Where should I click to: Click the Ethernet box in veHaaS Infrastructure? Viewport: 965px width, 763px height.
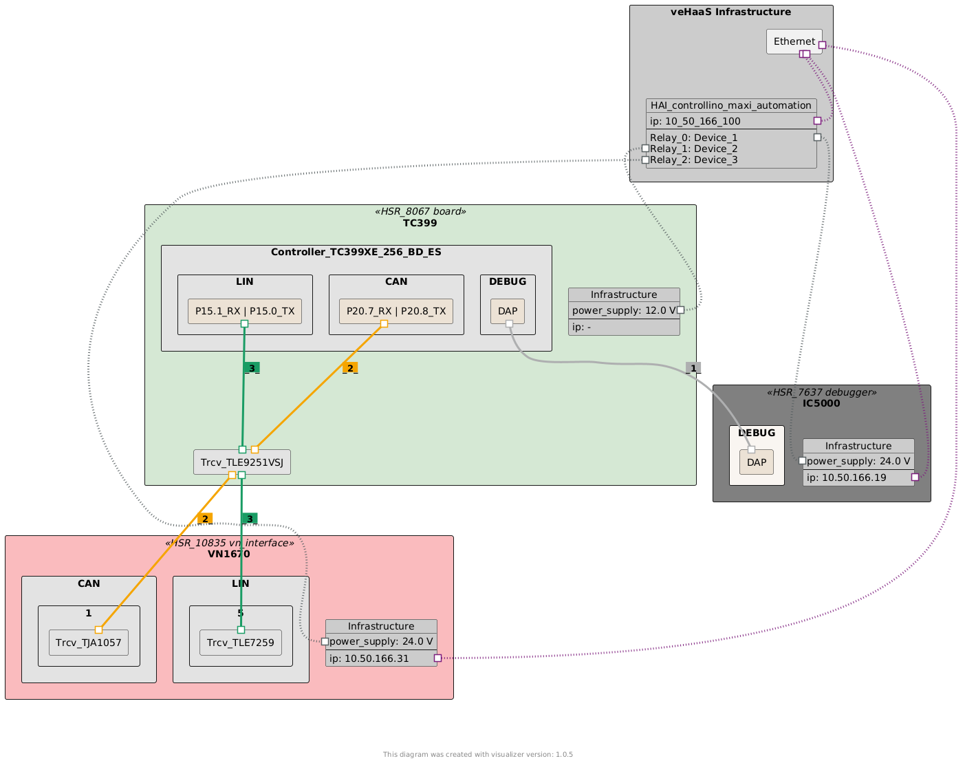coord(794,41)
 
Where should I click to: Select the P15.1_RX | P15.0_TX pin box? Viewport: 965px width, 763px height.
coord(244,311)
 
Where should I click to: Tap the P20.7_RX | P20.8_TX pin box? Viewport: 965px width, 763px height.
coord(396,311)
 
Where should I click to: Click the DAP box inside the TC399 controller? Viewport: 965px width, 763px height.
coord(507,311)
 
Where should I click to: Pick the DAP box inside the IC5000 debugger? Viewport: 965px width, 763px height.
coord(756,462)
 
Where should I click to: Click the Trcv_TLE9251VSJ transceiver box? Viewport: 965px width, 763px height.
coord(241,462)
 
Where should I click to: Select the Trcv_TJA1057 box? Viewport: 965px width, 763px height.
coord(88,643)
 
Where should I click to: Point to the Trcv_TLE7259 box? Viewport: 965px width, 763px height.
coord(240,643)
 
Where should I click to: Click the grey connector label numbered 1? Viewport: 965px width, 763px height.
coord(693,368)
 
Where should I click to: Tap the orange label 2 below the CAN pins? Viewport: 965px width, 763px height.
coord(350,368)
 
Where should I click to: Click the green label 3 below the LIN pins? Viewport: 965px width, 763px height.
coord(252,368)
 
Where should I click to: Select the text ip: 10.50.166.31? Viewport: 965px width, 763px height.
coord(369,658)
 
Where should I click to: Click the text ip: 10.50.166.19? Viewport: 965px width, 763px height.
coord(846,477)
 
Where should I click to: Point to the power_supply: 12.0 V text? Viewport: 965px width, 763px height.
coord(624,310)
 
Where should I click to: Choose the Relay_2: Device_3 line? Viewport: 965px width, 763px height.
coord(693,160)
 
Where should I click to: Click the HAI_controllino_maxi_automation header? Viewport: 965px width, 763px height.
coord(730,105)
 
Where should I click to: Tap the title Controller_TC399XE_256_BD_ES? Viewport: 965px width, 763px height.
coord(356,252)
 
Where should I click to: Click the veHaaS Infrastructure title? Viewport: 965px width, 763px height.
coord(730,12)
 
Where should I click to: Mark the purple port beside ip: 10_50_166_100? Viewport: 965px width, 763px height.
coord(817,120)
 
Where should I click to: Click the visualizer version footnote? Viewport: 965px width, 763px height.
coord(477,755)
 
